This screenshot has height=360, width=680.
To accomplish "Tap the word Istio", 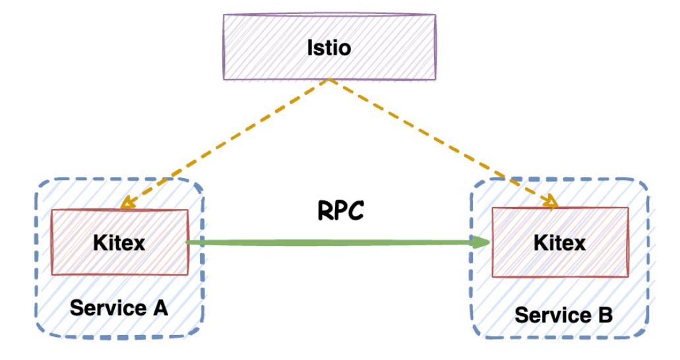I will click(x=328, y=47).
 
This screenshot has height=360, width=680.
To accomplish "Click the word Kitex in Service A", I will click(x=119, y=242).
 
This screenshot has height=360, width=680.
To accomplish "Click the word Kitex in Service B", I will click(x=559, y=243).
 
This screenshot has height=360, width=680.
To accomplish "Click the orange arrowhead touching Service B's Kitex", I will click(x=552, y=202).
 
